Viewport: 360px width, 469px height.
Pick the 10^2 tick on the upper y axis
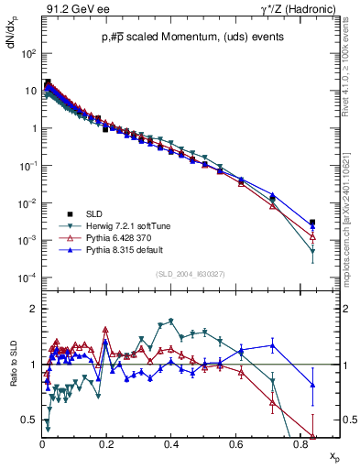coord(27,54)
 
